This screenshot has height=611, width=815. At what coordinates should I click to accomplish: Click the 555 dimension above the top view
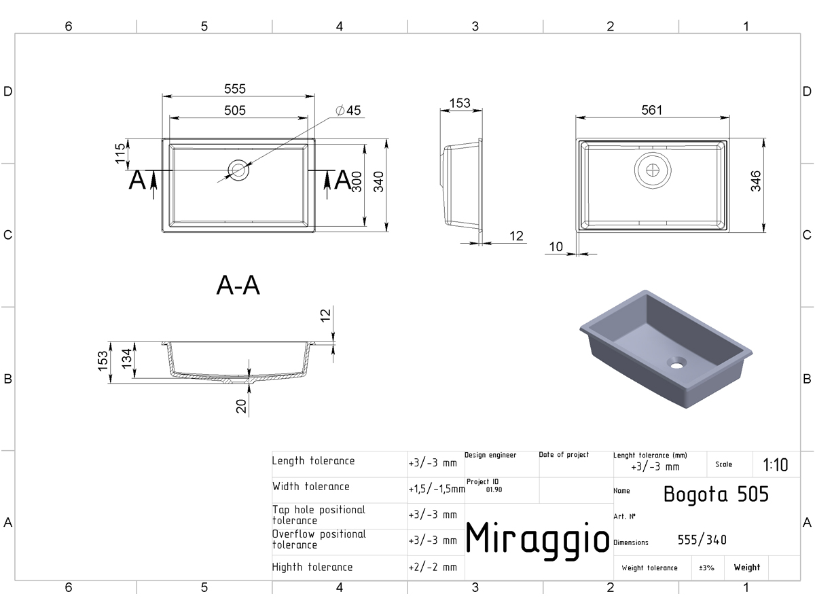235,89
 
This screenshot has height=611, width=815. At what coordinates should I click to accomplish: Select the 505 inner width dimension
235,110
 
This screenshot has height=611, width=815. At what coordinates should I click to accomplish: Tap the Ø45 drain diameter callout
348,110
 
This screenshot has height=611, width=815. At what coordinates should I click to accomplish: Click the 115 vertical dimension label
120,153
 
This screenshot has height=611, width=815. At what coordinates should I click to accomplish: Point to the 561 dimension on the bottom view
651,110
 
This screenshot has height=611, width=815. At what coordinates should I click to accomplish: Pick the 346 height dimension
756,181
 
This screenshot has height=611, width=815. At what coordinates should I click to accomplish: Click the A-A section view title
238,285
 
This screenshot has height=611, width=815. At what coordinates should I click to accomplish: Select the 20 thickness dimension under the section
241,406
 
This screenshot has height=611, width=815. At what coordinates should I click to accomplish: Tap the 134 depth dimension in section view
126,358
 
